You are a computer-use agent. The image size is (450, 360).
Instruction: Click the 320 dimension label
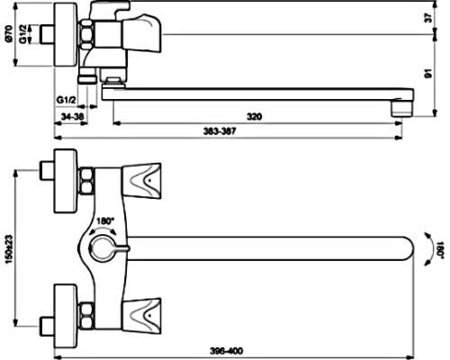tap(254, 116)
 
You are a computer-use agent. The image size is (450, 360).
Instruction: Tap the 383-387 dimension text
tap(220, 131)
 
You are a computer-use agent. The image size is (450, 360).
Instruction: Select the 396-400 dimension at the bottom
tap(226, 351)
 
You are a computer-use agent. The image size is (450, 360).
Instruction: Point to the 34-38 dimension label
tap(72, 116)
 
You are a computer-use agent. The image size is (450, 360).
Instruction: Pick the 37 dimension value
tap(429, 18)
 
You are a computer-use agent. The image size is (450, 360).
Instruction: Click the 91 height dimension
tap(428, 74)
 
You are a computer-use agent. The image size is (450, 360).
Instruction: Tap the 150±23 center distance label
tap(10, 248)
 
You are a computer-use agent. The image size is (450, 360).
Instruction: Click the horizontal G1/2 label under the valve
tap(67, 100)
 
